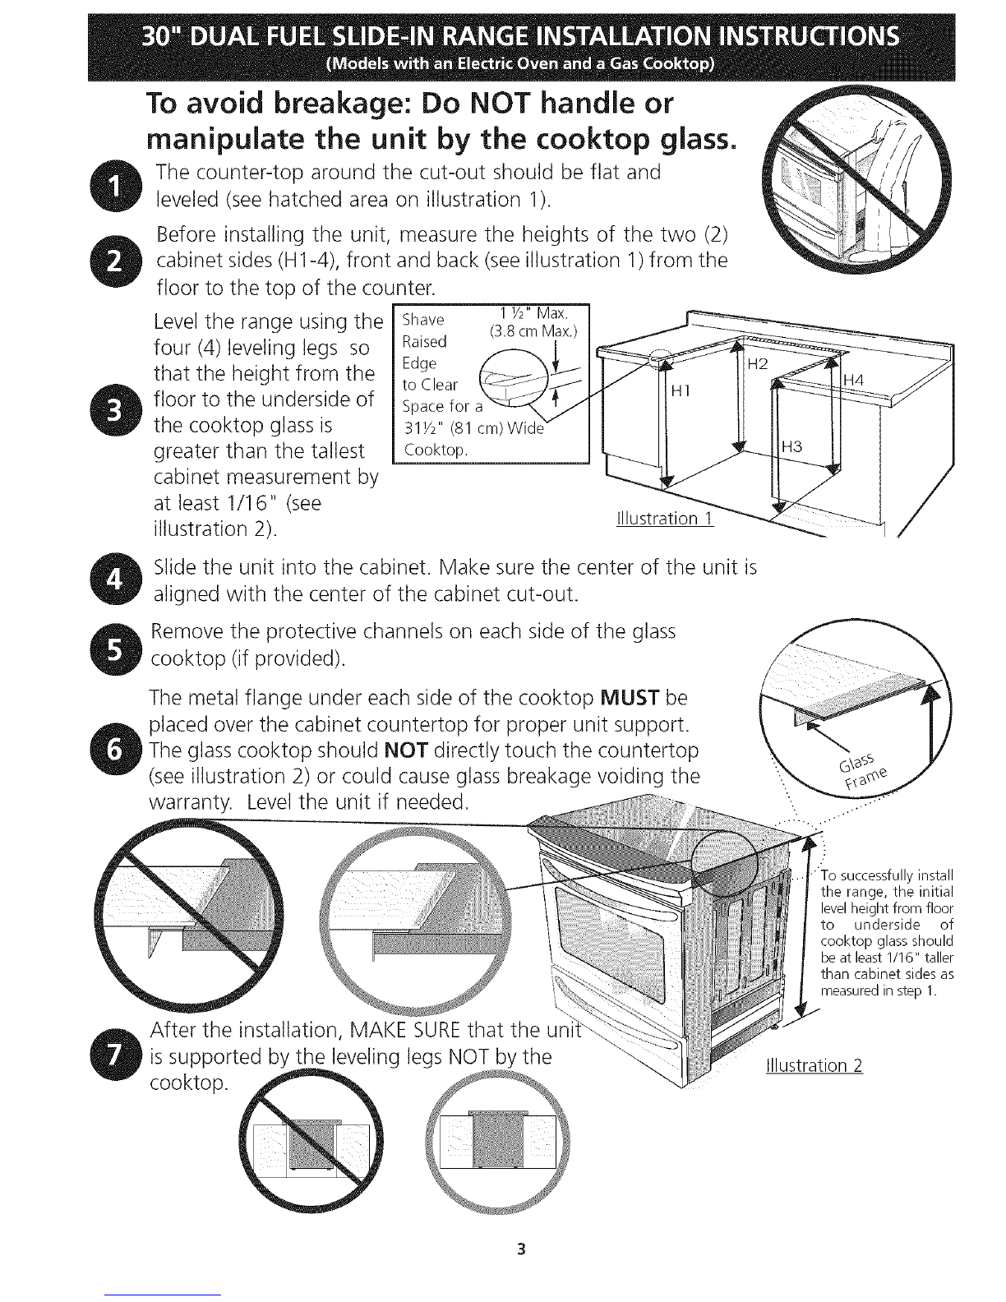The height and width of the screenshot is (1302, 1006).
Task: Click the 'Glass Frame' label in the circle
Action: [863, 772]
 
